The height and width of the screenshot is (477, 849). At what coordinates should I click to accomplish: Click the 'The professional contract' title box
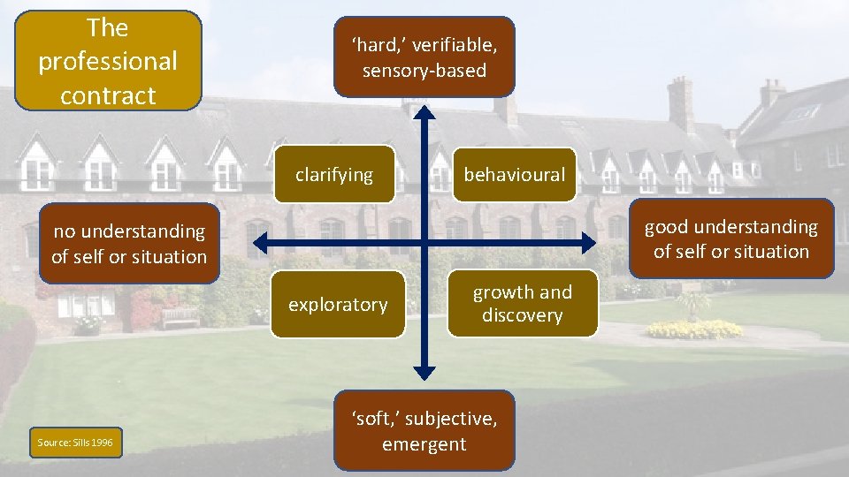tap(108, 61)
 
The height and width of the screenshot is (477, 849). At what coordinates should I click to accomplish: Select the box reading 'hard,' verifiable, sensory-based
tap(424, 57)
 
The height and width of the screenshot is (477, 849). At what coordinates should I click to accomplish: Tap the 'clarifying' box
tap(334, 174)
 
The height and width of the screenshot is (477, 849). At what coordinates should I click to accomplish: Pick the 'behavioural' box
tap(514, 174)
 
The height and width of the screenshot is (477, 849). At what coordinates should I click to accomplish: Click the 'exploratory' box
tap(338, 305)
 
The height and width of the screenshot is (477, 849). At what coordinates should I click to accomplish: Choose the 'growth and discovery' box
tap(522, 304)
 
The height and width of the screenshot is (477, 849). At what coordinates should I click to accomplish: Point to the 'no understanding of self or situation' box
tap(129, 244)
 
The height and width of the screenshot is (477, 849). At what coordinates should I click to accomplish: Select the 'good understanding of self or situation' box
tap(731, 239)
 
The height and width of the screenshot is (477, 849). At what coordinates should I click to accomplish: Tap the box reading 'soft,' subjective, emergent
tap(424, 431)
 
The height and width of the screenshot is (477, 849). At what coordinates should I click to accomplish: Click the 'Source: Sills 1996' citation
tap(75, 442)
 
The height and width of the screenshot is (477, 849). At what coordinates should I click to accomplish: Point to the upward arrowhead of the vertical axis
tap(424, 111)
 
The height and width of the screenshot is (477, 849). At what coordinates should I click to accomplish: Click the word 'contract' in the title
tap(108, 95)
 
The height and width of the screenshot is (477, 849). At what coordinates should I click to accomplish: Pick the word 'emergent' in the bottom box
tap(424, 443)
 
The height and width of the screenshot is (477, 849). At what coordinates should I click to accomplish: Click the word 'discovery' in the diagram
tap(522, 315)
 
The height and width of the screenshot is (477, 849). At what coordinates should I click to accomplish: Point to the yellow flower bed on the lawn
tap(694, 329)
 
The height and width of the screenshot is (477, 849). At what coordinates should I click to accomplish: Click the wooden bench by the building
tap(180, 317)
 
